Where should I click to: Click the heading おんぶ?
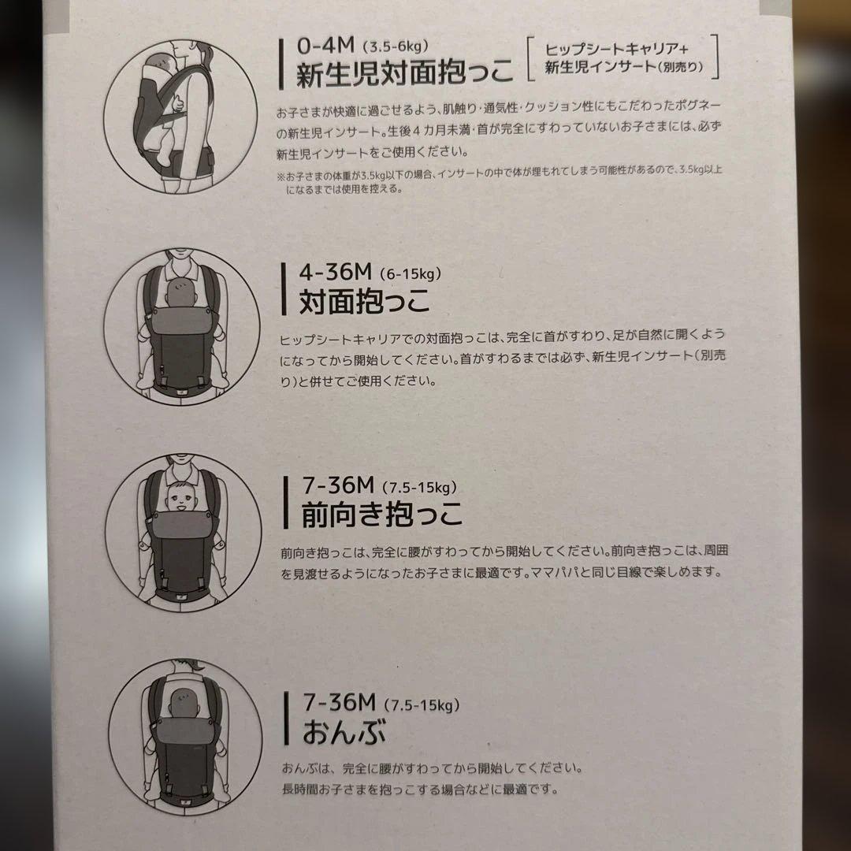(x=344, y=731)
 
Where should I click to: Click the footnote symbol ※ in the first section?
(x=281, y=176)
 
